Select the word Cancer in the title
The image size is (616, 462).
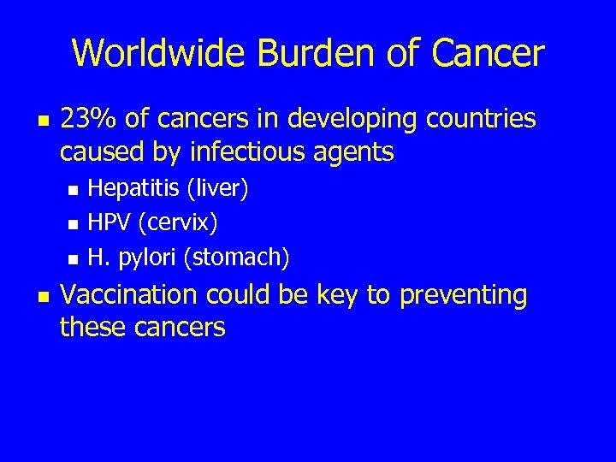pos(488,53)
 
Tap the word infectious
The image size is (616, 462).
pos(267,152)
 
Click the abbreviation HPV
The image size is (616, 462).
pos(109,222)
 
